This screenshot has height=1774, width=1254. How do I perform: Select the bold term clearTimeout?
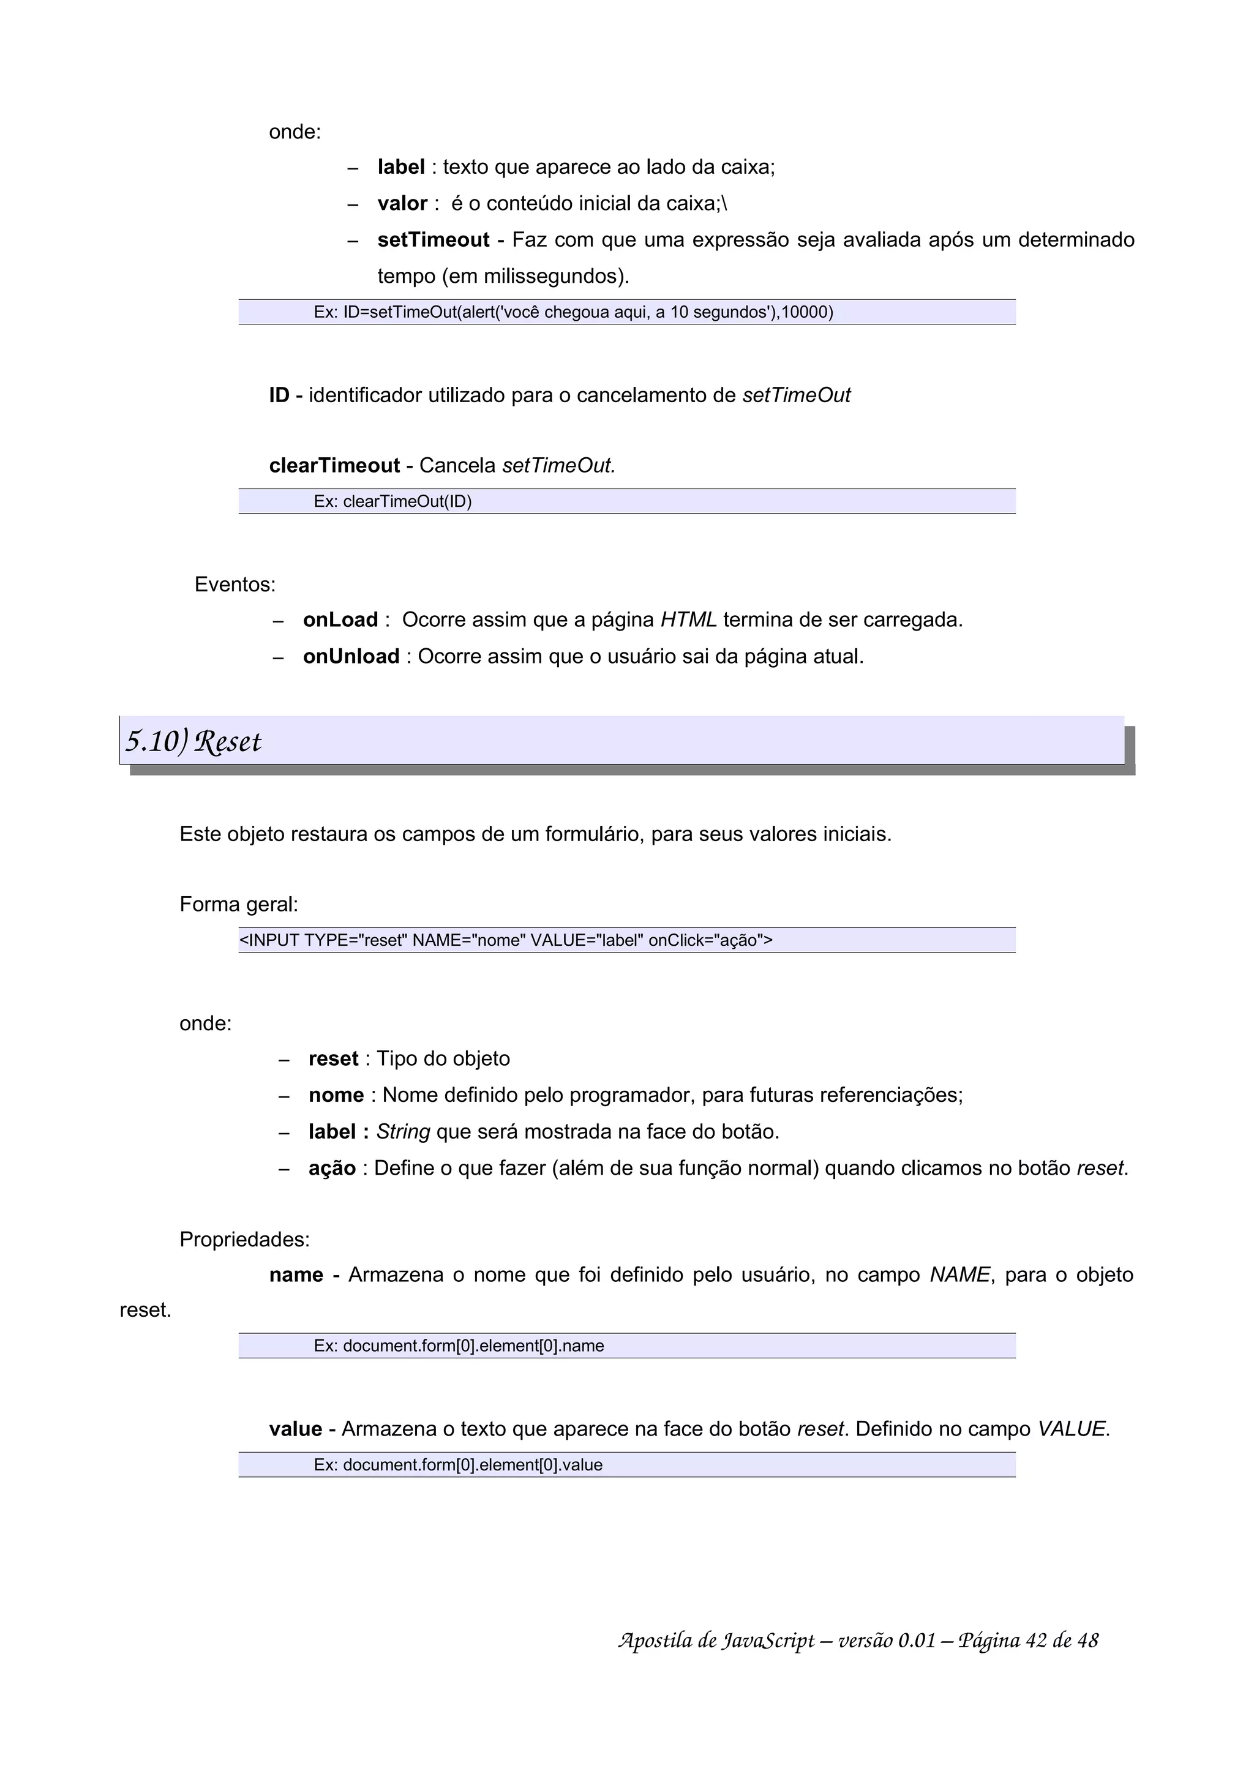[x=334, y=465]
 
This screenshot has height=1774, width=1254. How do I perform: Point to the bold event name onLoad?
[x=340, y=619]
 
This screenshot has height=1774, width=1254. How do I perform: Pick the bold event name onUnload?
[x=351, y=656]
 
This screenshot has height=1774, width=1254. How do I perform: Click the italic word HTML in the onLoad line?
[x=688, y=619]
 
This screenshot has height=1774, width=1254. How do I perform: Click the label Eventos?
[x=235, y=584]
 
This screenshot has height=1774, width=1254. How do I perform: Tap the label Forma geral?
[x=239, y=904]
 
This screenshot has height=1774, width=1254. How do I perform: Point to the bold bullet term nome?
[x=336, y=1095]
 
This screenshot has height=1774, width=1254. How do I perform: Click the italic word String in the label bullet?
[x=402, y=1131]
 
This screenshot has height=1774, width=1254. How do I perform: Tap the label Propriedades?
[x=244, y=1240]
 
